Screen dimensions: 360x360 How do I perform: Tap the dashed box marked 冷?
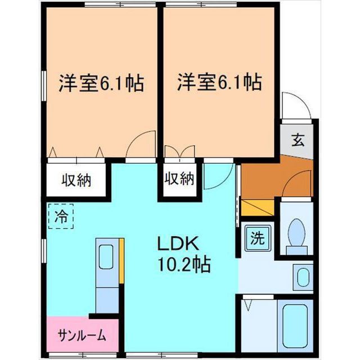tap(61, 217)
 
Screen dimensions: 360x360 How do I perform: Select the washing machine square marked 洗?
tap(256, 238)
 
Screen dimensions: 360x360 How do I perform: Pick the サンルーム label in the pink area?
tap(82, 336)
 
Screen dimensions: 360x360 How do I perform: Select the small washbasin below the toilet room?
tap(303, 278)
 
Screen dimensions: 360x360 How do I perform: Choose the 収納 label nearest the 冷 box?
tap(76, 181)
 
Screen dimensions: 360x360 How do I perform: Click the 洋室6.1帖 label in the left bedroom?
tap(101, 83)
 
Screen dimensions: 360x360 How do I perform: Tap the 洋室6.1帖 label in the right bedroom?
tap(219, 83)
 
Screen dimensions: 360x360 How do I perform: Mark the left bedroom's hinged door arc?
tap(140, 145)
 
